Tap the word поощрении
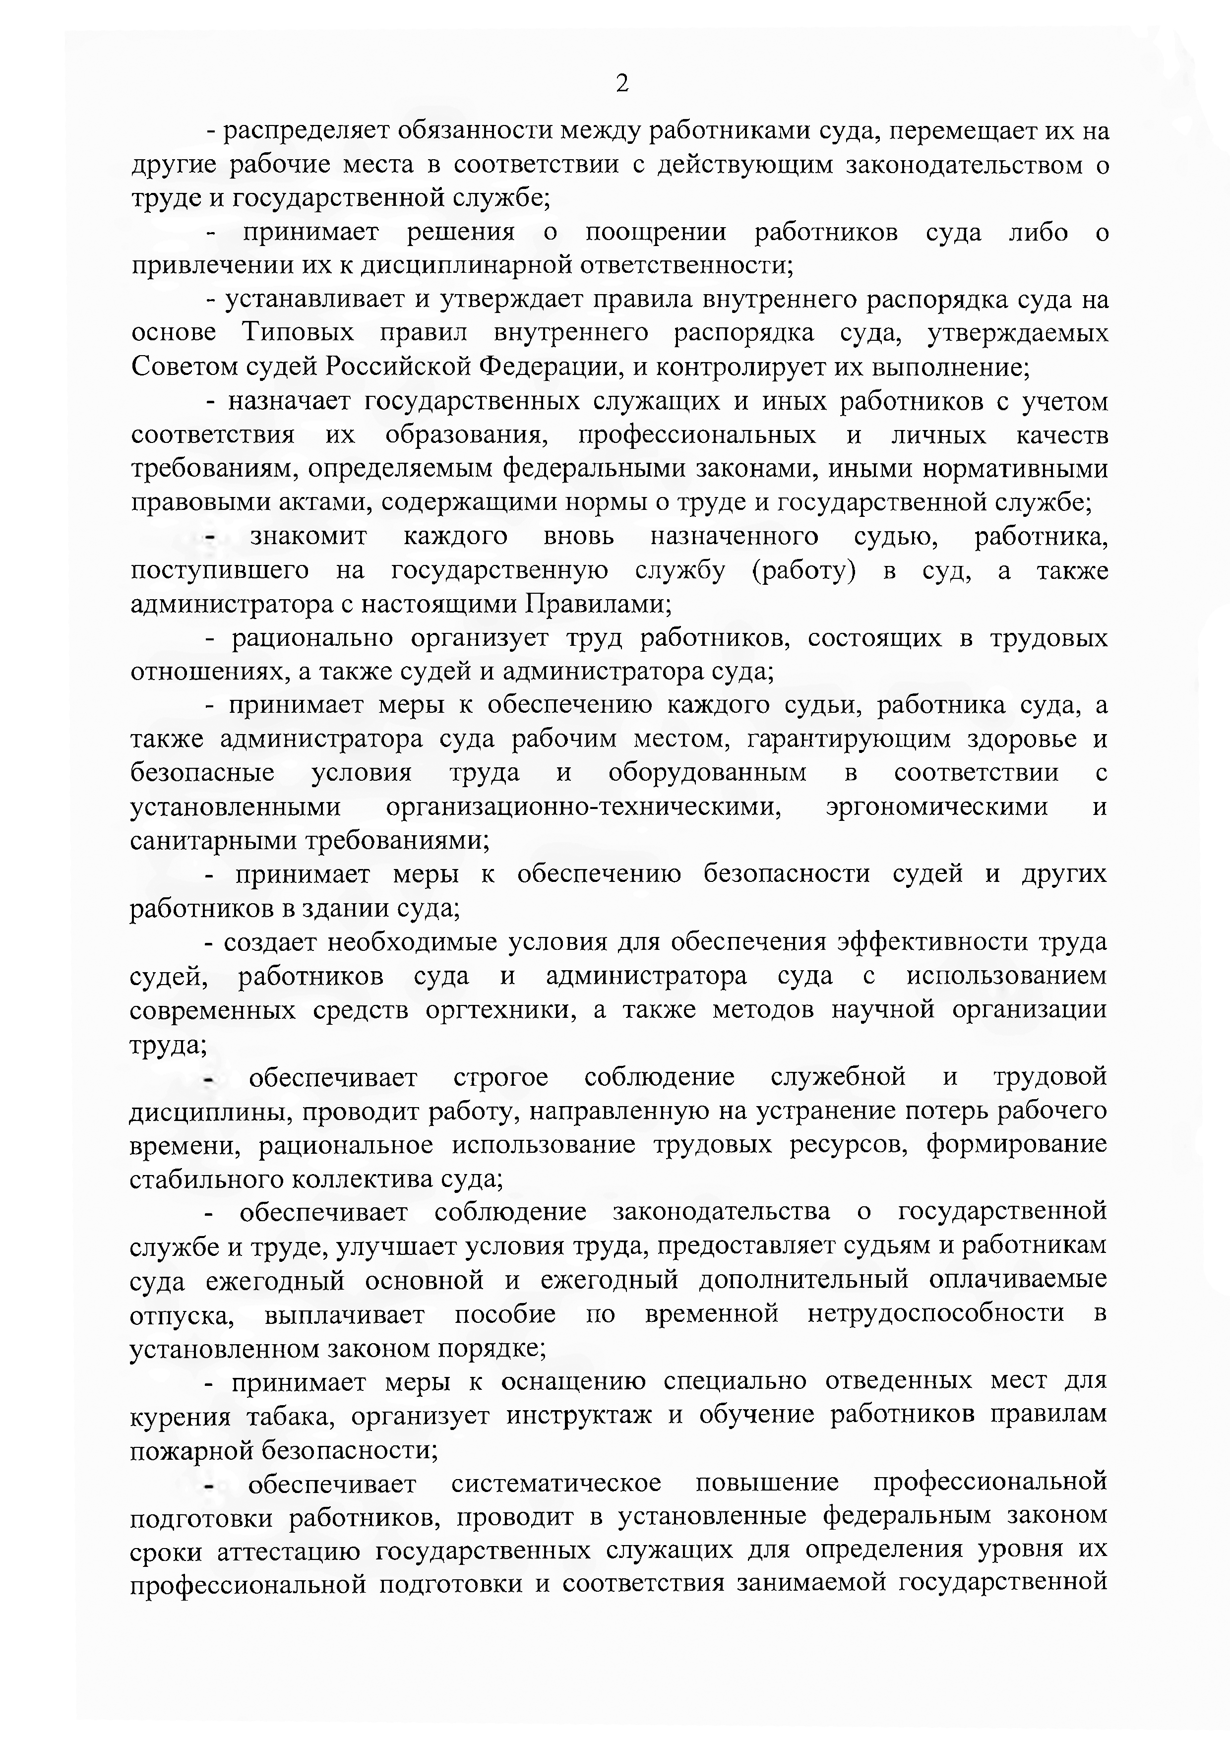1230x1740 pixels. (x=656, y=233)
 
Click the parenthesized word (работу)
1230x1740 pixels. (x=803, y=570)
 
